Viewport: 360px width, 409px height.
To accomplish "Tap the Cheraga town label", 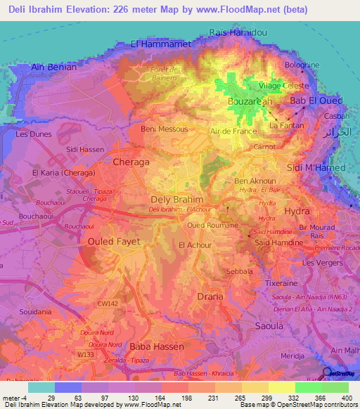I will pos(131,162).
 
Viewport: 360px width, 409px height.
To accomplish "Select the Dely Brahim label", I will pos(177,199).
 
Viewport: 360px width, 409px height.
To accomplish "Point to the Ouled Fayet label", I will pos(113,241).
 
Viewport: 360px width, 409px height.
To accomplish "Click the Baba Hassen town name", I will pos(156,346).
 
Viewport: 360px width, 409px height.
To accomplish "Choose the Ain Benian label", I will pos(54,67).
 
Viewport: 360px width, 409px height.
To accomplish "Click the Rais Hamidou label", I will pos(238,32).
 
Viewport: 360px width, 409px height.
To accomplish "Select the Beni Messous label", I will pos(165,129).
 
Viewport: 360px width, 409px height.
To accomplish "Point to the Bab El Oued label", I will pos(316,101).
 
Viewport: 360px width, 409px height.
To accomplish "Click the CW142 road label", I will pos(108,304).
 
